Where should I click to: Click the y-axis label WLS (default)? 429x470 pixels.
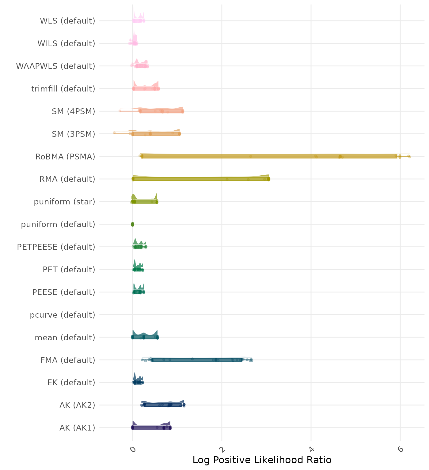[67, 21]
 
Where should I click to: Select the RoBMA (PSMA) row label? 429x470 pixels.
[65, 157]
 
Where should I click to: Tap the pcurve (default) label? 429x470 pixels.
[63, 315]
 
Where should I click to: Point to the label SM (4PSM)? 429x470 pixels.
[74, 111]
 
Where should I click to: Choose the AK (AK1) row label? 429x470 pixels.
[77, 427]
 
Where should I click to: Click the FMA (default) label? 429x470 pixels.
[68, 360]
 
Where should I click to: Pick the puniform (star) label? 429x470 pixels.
[64, 202]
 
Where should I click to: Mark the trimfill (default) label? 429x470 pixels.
[63, 89]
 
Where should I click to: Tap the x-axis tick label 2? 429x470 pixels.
[222, 449]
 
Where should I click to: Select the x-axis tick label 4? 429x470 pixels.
[311, 449]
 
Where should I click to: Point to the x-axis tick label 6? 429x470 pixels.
[400, 449]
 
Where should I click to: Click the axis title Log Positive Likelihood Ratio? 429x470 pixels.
[262, 460]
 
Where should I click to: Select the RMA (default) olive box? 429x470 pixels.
[201, 179]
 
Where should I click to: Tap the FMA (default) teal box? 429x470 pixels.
[196, 360]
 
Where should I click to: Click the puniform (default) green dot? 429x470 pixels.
[132, 224]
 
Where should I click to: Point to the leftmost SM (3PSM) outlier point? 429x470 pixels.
[114, 133]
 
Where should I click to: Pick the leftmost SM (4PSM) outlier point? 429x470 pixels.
[120, 111]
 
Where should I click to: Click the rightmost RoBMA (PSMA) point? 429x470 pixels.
[409, 156]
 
